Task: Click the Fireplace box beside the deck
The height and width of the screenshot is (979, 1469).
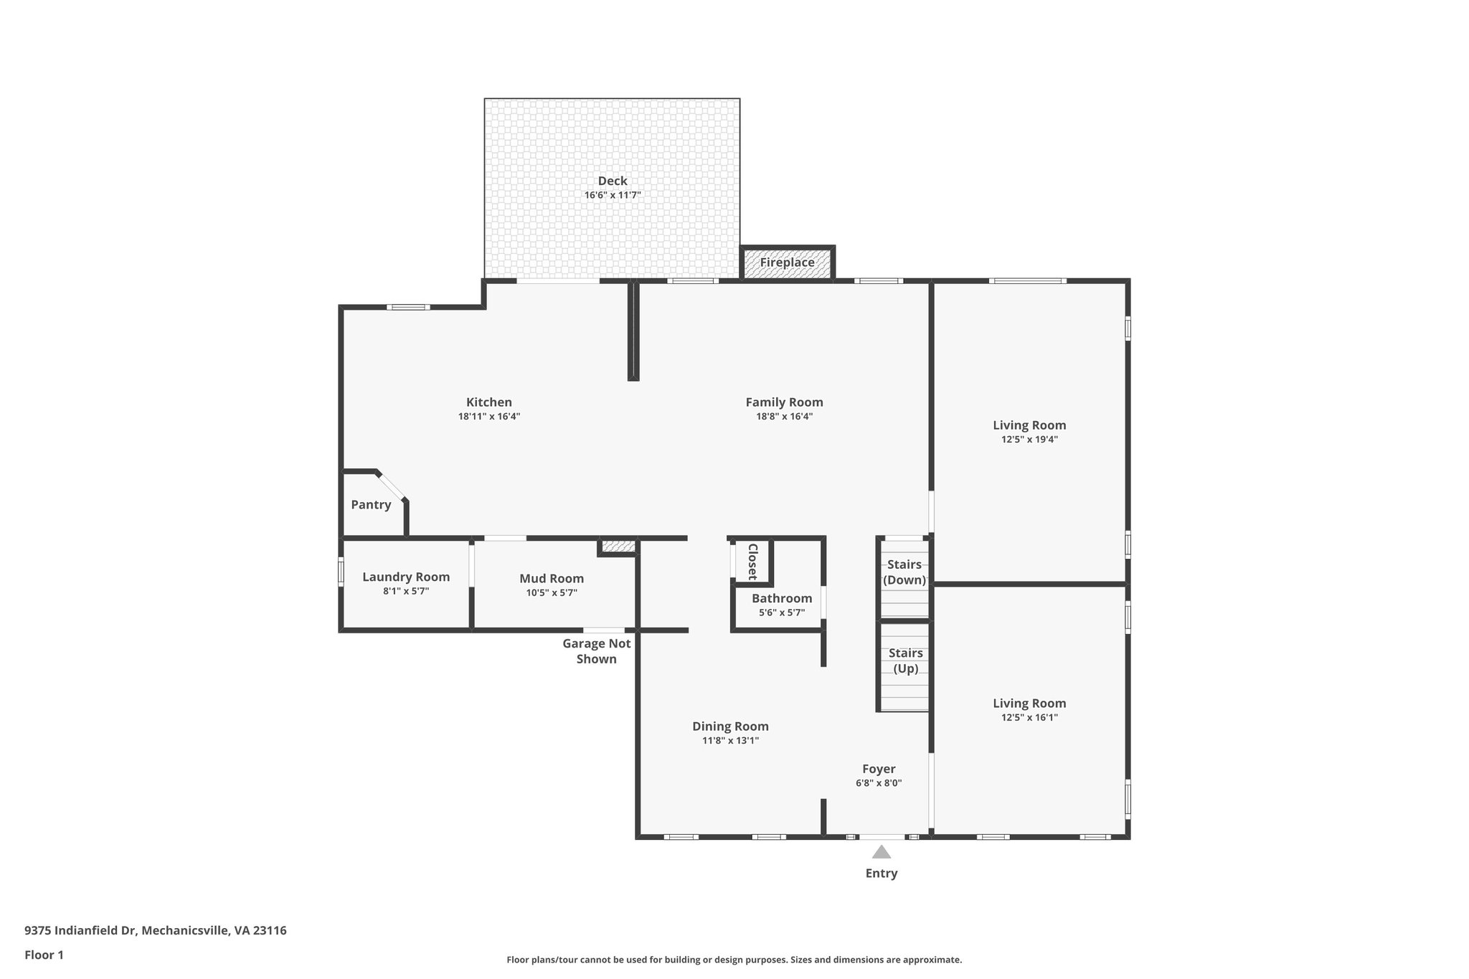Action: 787,263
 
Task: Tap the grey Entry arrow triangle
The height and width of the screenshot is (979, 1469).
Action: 881,852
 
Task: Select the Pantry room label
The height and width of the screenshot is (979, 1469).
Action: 371,505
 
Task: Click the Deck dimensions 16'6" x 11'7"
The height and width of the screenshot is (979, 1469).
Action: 612,195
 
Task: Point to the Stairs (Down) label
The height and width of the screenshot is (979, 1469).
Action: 904,572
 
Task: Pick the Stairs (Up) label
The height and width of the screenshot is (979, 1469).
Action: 905,661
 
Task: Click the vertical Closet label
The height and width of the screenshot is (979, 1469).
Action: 752,562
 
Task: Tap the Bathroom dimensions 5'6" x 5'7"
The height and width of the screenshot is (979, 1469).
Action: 782,613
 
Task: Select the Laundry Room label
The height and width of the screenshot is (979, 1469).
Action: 406,577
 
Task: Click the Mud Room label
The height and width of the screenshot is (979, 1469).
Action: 552,578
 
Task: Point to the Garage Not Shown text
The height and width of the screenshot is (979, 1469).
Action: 596,651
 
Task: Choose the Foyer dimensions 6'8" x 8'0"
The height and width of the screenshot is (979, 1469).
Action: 878,783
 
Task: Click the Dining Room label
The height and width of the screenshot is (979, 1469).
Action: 730,727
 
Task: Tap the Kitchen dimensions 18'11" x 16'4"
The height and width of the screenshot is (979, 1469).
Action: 488,416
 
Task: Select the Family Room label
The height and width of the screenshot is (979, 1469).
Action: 784,402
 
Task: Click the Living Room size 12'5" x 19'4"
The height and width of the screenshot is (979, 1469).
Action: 1029,440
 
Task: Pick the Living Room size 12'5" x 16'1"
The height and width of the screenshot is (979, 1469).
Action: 1029,717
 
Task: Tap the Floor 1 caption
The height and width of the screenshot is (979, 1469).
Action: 44,955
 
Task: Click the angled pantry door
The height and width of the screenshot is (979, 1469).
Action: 392,486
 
